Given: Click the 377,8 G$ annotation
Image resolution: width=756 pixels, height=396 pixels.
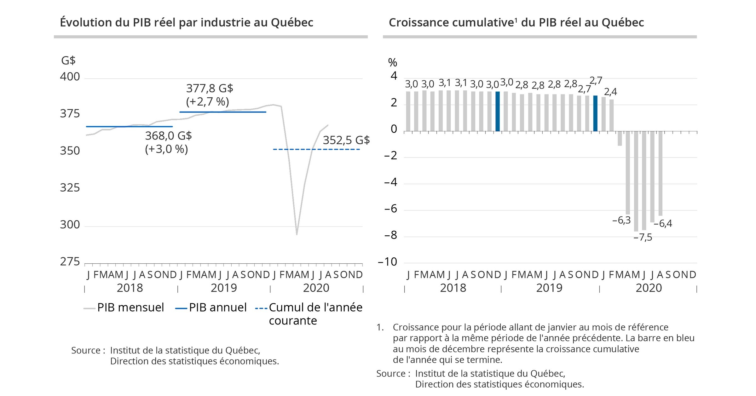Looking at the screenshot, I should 209,89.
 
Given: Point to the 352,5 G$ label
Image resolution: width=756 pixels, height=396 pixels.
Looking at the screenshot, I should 346,140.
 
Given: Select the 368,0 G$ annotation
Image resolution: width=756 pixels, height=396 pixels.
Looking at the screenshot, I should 168,136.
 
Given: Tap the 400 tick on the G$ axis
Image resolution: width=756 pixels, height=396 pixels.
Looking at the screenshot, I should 70,77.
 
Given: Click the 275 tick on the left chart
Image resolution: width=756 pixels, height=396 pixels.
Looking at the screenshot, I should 70,262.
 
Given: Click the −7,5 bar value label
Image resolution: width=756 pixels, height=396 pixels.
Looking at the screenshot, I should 643,238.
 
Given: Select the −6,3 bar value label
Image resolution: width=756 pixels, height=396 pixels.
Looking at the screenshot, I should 621,221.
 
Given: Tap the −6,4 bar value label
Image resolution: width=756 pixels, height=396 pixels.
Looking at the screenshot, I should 663,224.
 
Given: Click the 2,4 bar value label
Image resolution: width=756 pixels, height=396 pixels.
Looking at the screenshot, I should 610,92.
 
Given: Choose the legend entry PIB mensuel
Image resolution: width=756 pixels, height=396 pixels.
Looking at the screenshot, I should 130,307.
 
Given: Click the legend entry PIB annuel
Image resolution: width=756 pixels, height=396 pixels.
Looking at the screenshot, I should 217,307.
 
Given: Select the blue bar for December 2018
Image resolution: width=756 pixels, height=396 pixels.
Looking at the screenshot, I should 498,111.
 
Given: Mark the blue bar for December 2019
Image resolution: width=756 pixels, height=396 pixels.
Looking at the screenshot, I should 595,113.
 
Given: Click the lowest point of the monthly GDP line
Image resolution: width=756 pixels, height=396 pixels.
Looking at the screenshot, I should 297,234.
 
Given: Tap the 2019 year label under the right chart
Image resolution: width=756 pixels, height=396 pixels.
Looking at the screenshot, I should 549,288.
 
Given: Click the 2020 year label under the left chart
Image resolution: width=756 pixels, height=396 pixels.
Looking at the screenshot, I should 316,288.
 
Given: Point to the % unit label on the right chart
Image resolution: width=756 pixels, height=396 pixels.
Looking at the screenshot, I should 392,63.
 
